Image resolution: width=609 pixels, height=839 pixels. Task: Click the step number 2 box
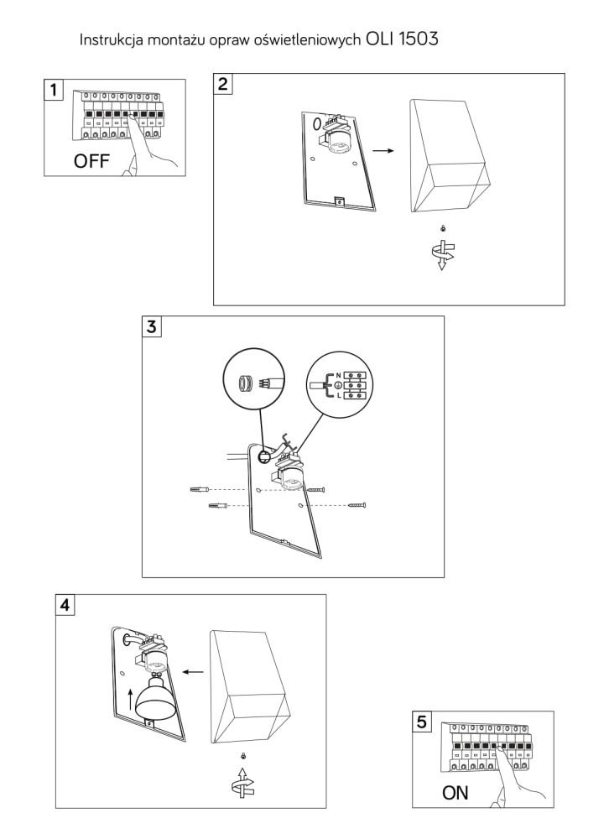coord(223,83)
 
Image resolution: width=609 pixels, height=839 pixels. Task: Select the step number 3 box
coord(151,326)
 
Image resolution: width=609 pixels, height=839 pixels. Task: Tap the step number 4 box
coord(65,605)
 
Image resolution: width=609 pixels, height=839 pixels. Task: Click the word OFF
coord(91,162)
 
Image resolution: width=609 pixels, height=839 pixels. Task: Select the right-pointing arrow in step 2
coord(383,151)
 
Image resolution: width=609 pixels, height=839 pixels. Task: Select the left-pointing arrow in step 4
coord(195,671)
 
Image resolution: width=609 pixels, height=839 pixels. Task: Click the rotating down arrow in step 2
coord(445,254)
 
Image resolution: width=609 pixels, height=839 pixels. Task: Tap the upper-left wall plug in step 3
coord(200,487)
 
